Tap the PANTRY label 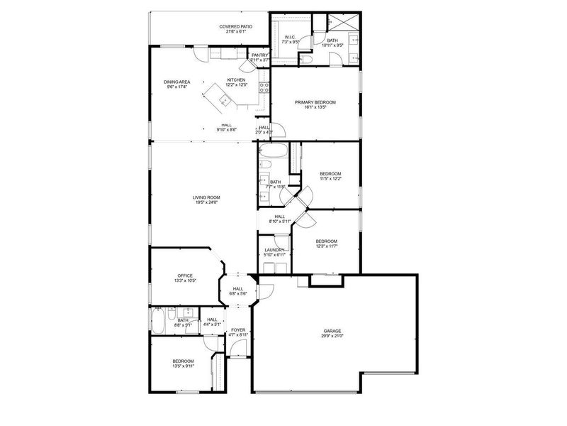tap(259, 55)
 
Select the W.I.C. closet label tap(291, 37)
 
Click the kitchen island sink tap(223, 100)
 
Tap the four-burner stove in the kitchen tap(264, 88)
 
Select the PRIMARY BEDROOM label tap(315, 102)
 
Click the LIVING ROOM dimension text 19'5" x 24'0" tap(206, 203)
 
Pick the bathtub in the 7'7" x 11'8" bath tap(273, 151)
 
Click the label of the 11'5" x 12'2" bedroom tap(330, 174)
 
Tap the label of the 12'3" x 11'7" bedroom tap(326, 241)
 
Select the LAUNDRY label tap(274, 250)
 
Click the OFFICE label tap(185, 275)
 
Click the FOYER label tap(238, 330)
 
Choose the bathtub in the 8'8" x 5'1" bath tap(157, 322)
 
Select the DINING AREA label tap(177, 82)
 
